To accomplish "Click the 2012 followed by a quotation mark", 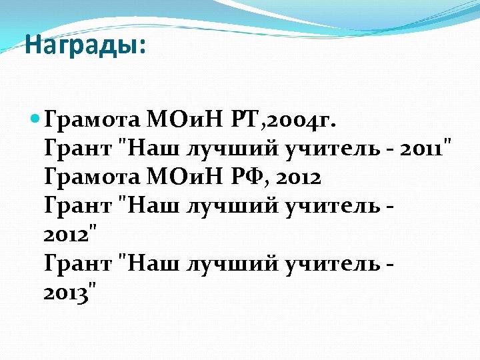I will pyautogui.click(x=70, y=235).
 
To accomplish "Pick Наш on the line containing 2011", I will pyautogui.click(x=148, y=149).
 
